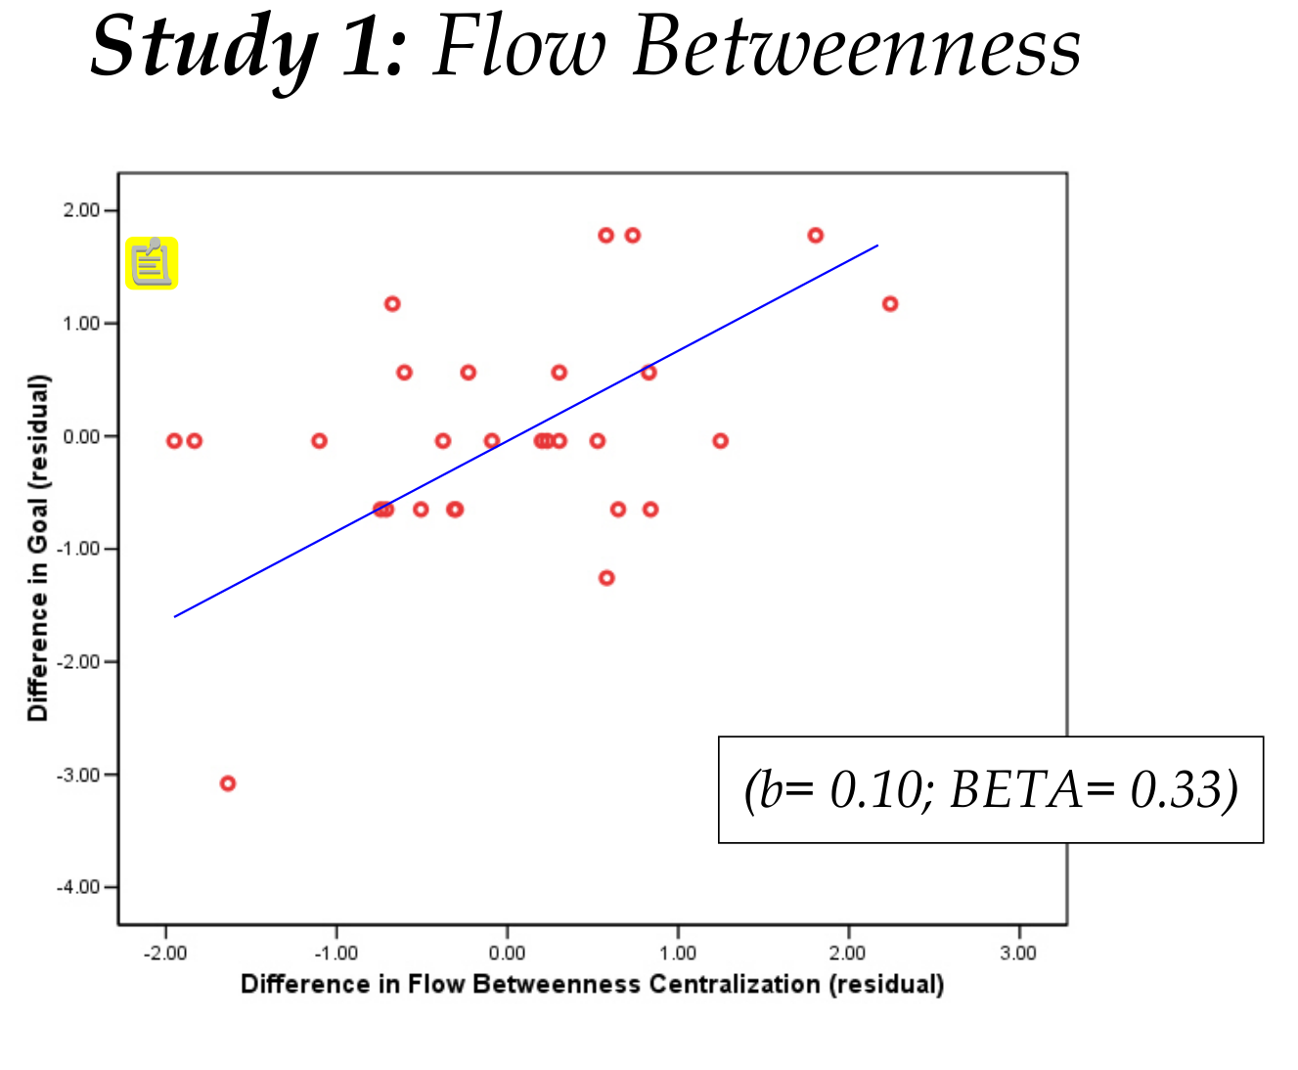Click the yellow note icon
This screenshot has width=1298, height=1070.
(x=152, y=263)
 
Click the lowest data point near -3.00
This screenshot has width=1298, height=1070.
(x=228, y=783)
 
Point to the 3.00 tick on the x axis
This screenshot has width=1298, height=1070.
(x=1018, y=953)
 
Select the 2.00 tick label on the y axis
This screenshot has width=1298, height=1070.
(x=82, y=210)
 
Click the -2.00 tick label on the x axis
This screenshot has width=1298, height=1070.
(x=165, y=953)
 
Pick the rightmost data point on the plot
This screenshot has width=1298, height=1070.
(x=890, y=304)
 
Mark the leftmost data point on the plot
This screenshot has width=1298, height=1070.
(x=174, y=441)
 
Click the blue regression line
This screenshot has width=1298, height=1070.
(x=528, y=430)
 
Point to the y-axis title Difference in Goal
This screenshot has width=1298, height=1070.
(x=37, y=548)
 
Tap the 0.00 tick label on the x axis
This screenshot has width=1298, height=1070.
(x=507, y=953)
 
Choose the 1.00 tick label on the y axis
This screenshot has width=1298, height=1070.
(x=82, y=324)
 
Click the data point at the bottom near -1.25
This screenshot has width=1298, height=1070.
(x=606, y=578)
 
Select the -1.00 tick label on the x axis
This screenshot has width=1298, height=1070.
(x=336, y=953)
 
